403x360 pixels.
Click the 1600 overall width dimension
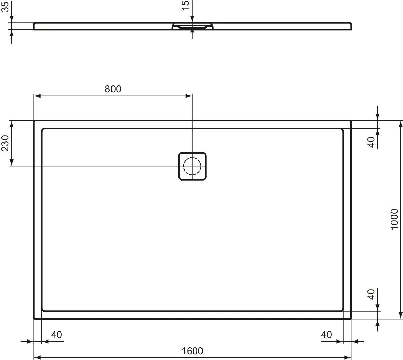point(192,351)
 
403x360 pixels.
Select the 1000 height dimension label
point(394,219)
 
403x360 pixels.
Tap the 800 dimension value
point(113,89)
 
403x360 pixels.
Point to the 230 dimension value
point(5,143)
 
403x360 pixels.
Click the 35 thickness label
point(5,6)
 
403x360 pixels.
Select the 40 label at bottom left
point(56,335)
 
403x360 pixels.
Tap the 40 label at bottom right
point(326,335)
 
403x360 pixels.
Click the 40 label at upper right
point(371,142)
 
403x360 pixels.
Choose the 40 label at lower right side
point(371,294)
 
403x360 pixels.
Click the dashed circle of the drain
point(192,166)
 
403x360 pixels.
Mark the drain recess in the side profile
point(192,27)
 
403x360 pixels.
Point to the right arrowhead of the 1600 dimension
point(348,357)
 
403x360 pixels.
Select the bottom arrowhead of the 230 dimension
point(12,163)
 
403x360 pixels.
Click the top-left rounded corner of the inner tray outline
point(43,130)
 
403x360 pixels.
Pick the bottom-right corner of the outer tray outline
point(350,318)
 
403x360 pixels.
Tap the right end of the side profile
point(351,26)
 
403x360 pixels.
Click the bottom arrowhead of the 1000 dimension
point(400,315)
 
